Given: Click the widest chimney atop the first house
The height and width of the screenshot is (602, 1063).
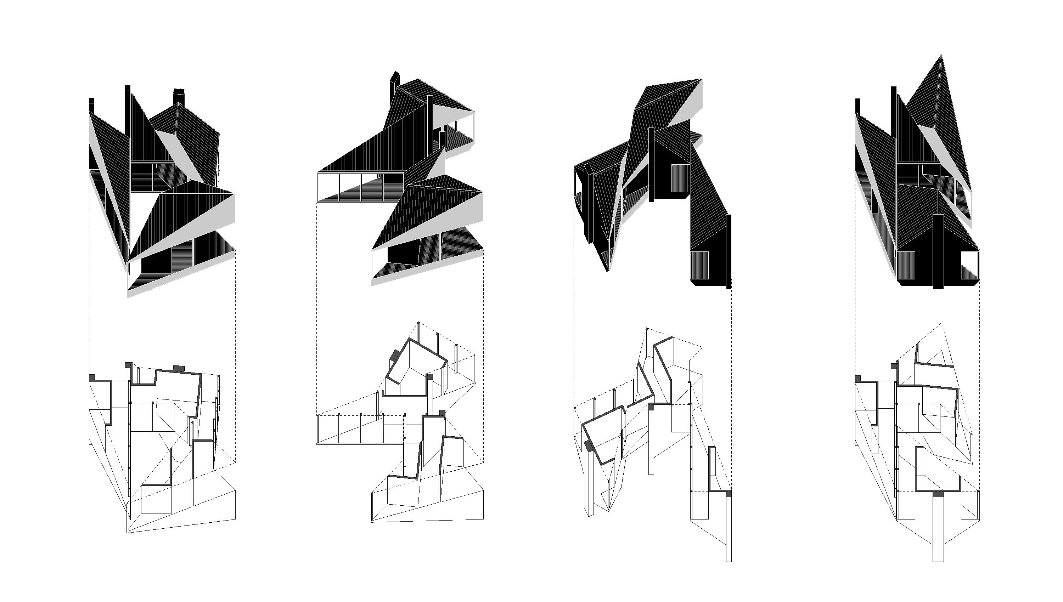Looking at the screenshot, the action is tap(179, 96).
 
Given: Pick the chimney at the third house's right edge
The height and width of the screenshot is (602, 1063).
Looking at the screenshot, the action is tap(729, 248).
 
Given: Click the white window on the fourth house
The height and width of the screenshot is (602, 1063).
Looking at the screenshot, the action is tap(969, 265).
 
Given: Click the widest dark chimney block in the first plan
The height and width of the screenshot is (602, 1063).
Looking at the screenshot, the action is tap(179, 368).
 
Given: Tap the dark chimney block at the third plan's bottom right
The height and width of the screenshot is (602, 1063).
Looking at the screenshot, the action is tap(729, 493).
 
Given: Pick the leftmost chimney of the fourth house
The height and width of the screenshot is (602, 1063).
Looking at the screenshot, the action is tap(858, 106).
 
